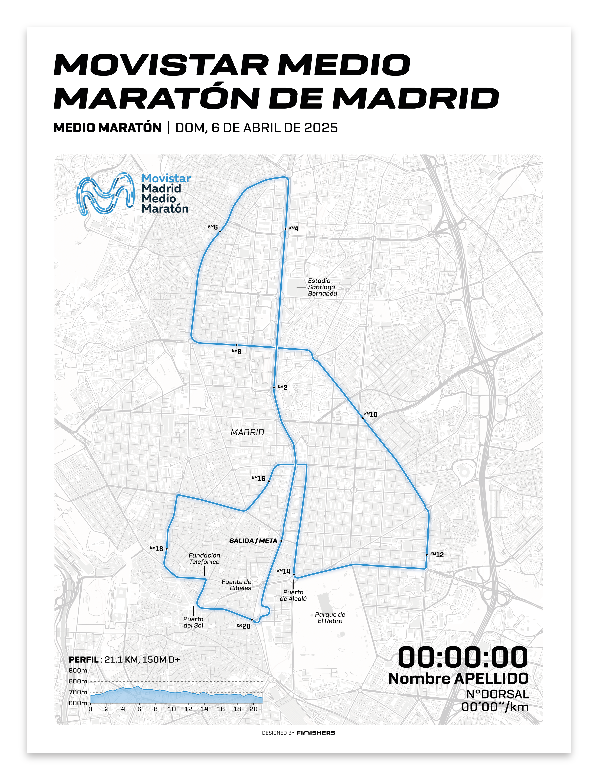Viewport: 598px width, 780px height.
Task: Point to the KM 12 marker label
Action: point(437,554)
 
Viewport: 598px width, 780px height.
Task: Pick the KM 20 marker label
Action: point(244,626)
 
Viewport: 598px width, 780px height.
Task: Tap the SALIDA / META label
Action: point(253,540)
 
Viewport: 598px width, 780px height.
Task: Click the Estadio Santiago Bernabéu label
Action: point(322,287)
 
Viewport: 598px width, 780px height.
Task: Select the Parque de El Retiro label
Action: point(330,617)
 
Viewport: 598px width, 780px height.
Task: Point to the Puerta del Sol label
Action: point(193,622)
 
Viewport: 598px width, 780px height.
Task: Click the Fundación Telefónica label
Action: point(204,558)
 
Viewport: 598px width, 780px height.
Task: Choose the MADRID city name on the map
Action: point(247,432)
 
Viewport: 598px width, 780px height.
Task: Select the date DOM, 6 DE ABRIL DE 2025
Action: point(256,128)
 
